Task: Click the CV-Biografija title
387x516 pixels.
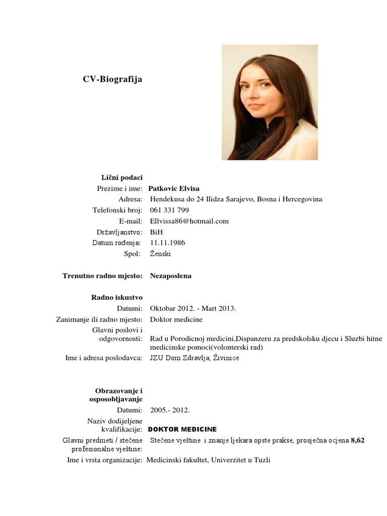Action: (112, 79)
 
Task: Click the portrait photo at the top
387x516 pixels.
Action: (270, 102)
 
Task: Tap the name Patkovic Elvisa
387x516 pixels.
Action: (174, 188)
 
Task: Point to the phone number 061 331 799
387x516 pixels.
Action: (169, 210)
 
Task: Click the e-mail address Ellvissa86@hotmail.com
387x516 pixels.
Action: (189, 221)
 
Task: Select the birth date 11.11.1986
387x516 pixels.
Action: (167, 243)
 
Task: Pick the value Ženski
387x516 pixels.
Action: (160, 254)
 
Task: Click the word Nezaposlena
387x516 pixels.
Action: (170, 276)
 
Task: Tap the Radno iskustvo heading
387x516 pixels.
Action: (116, 297)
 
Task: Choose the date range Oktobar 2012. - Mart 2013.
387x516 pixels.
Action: (192, 308)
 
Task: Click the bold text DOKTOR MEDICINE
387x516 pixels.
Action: (182, 429)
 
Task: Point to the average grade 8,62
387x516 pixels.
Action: (358, 440)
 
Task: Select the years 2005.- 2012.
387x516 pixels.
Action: (170, 410)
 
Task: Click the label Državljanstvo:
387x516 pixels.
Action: (119, 232)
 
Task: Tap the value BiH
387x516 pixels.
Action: (156, 232)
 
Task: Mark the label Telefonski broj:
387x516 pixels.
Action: (118, 210)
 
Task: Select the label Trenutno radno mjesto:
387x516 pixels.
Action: (103, 276)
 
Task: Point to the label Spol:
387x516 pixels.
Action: (133, 254)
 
